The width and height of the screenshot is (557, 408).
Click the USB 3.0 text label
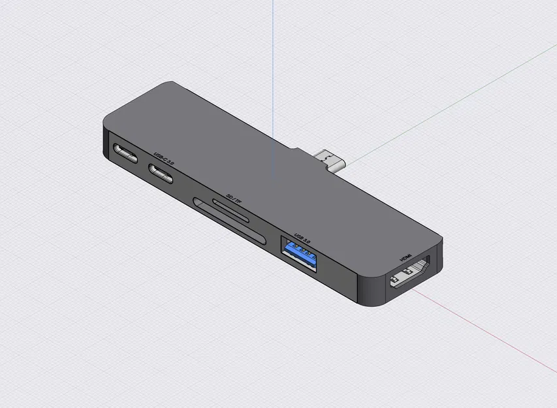(304, 237)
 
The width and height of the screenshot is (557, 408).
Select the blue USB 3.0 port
(298, 255)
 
